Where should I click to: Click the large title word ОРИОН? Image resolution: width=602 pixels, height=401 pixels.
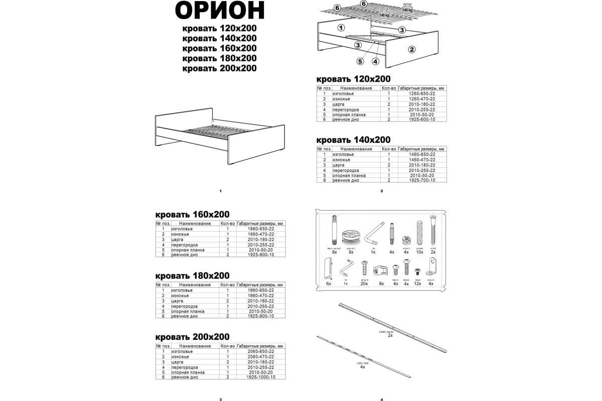(220, 11)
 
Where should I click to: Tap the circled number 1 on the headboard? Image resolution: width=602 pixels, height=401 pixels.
(341, 28)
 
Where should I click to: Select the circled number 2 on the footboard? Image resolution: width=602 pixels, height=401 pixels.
(411, 49)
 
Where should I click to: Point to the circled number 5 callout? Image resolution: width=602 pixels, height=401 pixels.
(360, 62)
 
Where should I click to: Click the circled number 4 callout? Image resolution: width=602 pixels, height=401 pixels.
(375, 62)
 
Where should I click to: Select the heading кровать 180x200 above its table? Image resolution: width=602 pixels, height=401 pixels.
(193, 276)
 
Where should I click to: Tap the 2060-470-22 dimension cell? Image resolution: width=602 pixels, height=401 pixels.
(261, 356)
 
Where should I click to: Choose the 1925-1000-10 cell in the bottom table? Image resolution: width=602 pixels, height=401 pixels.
(261, 377)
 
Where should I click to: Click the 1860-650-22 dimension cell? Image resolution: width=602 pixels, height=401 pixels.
(261, 290)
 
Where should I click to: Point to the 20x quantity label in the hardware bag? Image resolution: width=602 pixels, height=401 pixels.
(364, 284)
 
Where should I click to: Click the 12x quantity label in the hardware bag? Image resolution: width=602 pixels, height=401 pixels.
(417, 284)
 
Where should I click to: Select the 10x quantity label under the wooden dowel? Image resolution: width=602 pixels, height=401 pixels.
(420, 252)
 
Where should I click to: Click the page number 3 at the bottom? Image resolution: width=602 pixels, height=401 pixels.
(220, 399)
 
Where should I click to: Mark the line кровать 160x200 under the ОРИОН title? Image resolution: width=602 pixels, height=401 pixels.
(220, 48)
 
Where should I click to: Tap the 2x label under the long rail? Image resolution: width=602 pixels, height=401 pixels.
(390, 335)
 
